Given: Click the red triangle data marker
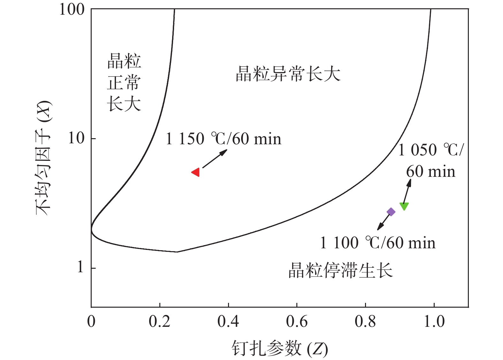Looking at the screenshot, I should tap(196, 172).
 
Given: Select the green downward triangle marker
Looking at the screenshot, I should tap(404, 206).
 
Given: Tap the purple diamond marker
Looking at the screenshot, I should tap(391, 212).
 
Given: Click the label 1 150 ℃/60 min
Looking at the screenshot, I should tap(223, 139).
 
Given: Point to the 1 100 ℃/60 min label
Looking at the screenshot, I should tap(377, 243).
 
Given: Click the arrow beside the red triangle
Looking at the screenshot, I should tap(215, 159).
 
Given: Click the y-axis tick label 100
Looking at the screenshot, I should tap(72, 9).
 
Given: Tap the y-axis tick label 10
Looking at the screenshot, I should tap(76, 138).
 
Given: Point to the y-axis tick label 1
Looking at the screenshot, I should tap(80, 267).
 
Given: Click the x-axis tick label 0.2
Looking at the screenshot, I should tap(160, 321).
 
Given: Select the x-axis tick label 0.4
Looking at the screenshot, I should tap(228, 321).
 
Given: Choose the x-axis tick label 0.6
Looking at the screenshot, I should tap(297, 321).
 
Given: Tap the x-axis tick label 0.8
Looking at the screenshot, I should tap(365, 321).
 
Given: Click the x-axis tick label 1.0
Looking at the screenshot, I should tap(434, 321).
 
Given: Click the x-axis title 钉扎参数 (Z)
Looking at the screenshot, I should tap(279, 348).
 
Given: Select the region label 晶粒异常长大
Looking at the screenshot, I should tap(288, 74).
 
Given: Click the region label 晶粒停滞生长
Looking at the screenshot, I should tap(340, 271).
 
